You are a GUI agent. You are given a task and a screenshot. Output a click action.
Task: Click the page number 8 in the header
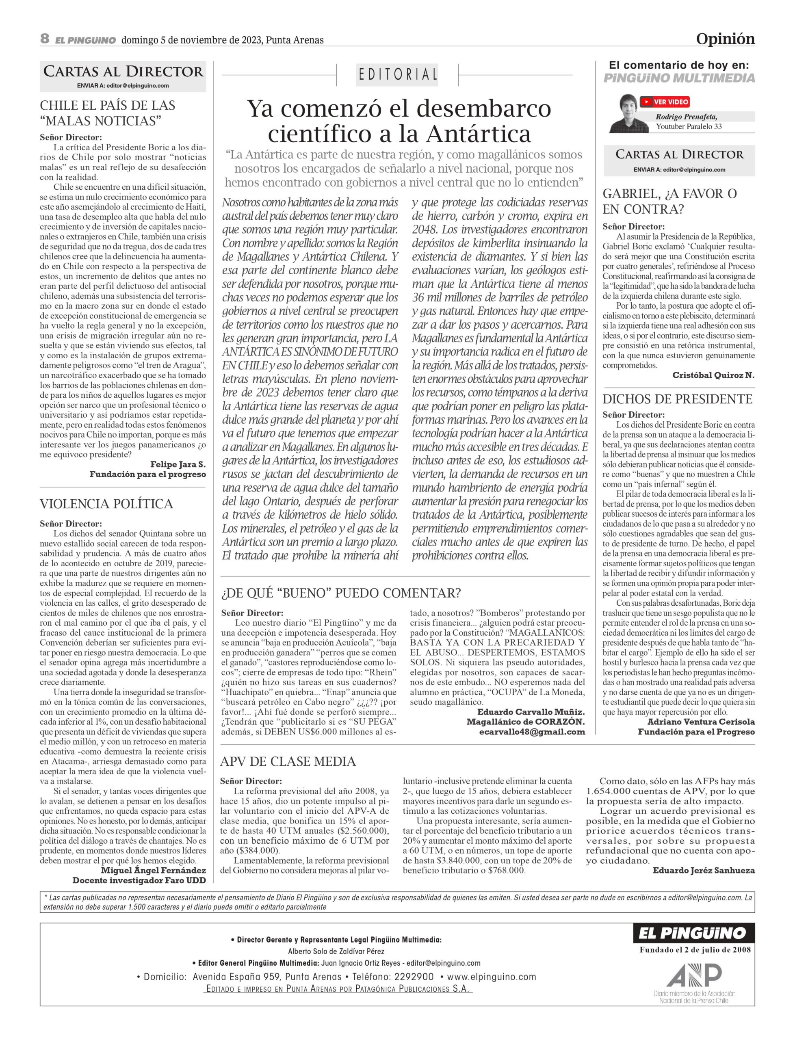click(45, 39)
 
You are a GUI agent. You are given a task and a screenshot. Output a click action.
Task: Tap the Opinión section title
click(725, 39)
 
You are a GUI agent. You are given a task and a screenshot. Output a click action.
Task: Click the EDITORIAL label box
click(397, 74)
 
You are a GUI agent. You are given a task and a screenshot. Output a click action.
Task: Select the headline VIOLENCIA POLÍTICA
click(106, 504)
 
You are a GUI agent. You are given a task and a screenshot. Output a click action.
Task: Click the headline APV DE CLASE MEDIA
click(288, 761)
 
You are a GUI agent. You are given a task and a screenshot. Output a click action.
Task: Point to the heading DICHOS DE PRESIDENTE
click(677, 399)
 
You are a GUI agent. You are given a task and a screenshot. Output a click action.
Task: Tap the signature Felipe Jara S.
click(178, 464)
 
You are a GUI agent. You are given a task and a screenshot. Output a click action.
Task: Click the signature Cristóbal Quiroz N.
click(713, 375)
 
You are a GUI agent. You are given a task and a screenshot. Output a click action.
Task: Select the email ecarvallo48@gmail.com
click(532, 732)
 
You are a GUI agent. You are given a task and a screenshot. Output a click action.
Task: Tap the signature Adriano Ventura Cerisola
click(701, 721)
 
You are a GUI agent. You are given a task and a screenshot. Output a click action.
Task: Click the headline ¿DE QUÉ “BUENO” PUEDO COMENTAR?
click(341, 593)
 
